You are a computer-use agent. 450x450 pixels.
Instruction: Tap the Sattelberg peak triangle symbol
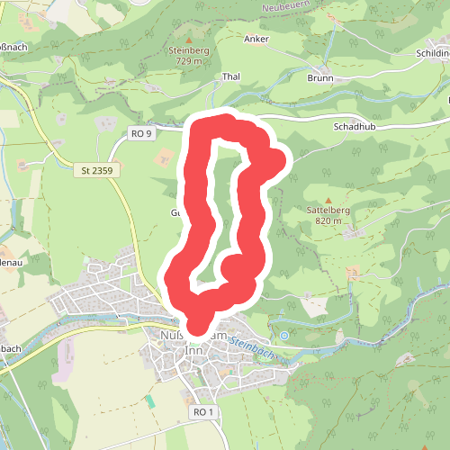(328, 200)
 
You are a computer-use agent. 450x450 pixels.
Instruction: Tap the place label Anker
(256, 40)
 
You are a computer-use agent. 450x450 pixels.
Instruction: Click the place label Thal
(232, 77)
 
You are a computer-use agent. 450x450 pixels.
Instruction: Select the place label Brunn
(319, 78)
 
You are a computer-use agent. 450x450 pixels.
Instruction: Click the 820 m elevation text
(328, 221)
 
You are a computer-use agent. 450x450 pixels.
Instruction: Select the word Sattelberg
(328, 211)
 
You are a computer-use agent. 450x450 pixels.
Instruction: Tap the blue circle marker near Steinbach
(284, 336)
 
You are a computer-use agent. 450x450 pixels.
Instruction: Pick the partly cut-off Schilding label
(430, 53)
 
